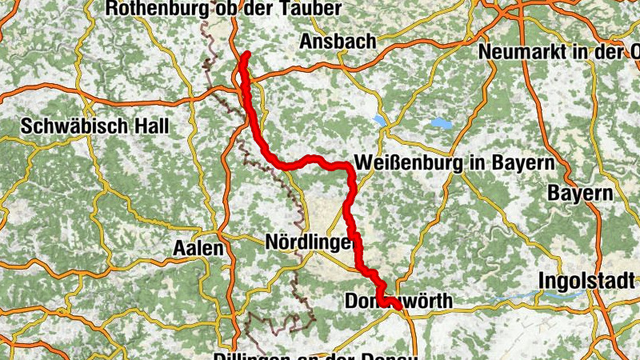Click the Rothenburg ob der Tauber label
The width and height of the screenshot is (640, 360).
pyautogui.click(x=223, y=9)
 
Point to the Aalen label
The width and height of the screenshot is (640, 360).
pyautogui.click(x=198, y=248)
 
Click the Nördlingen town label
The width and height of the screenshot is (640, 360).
pyautogui.click(x=309, y=241)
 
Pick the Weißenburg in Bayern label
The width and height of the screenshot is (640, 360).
pyautogui.click(x=454, y=163)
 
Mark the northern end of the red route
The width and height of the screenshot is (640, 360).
pyautogui.click(x=247, y=54)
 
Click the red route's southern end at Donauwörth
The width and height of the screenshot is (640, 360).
pyautogui.click(x=397, y=305)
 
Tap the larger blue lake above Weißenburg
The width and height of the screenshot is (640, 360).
pyautogui.click(x=440, y=123)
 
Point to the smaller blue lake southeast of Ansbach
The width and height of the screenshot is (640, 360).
pyautogui.click(x=378, y=120)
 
